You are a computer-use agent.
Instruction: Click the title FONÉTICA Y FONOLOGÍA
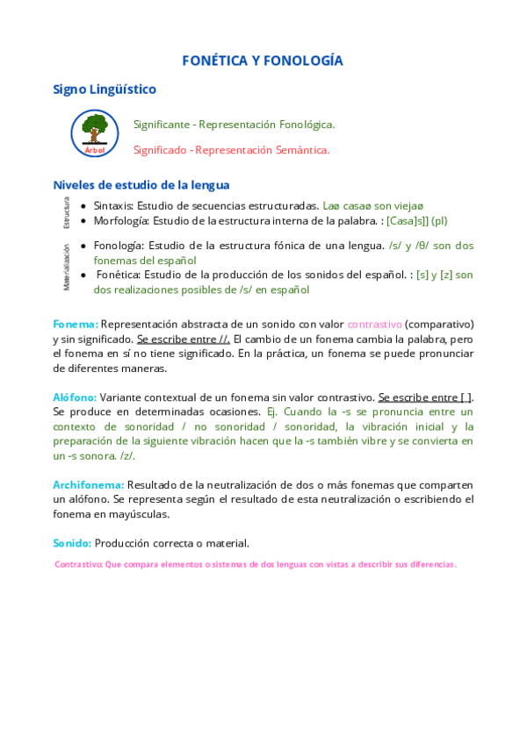(263, 61)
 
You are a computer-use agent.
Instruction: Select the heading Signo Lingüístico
(105, 89)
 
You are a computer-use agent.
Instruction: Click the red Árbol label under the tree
(95, 150)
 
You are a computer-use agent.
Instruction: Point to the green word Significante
(161, 125)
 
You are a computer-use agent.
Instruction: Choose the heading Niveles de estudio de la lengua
(141, 185)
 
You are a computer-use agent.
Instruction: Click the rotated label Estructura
(66, 212)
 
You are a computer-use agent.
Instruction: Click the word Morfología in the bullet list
(121, 220)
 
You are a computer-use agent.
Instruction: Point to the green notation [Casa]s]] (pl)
(417, 220)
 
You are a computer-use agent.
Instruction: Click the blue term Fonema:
(76, 324)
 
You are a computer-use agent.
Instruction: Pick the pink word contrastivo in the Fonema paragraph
(374, 324)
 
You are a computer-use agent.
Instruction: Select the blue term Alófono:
(75, 397)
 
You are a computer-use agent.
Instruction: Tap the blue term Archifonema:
(89, 484)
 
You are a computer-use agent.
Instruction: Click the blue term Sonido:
(72, 543)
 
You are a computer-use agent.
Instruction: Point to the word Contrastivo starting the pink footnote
(78, 564)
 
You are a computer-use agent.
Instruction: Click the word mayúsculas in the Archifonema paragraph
(138, 514)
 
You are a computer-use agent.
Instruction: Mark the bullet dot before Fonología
(83, 246)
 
